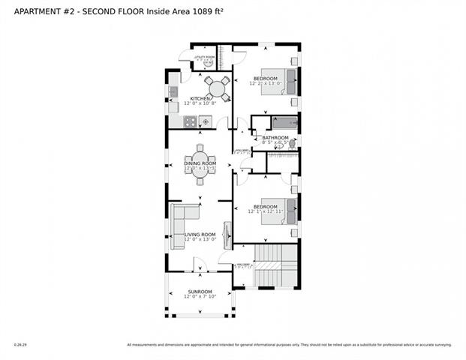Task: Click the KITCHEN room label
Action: click(200, 98)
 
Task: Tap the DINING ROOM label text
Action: click(200, 163)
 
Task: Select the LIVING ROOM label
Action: click(200, 234)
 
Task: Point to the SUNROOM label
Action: click(200, 291)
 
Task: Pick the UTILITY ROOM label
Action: click(204, 57)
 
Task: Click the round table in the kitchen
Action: click(218, 88)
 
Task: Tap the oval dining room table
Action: click(200, 159)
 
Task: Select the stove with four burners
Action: click(204, 121)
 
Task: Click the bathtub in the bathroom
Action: click(285, 123)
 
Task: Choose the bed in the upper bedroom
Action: click(287, 81)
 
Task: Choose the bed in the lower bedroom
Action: click(287, 210)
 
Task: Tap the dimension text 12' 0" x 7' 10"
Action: click(200, 297)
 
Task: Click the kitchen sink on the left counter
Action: click(173, 91)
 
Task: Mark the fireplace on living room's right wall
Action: click(227, 235)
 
